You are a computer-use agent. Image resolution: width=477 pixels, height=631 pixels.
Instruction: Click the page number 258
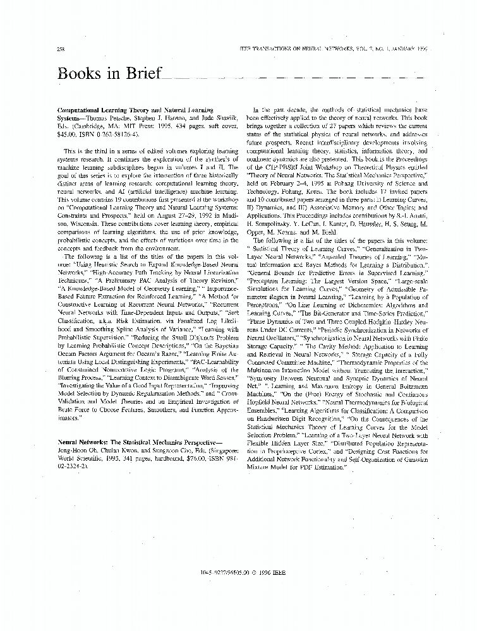(x=61, y=49)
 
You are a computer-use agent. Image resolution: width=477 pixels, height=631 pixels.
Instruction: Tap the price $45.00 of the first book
(x=68, y=134)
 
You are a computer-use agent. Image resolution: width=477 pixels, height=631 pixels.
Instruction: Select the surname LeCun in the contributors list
(x=325, y=223)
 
